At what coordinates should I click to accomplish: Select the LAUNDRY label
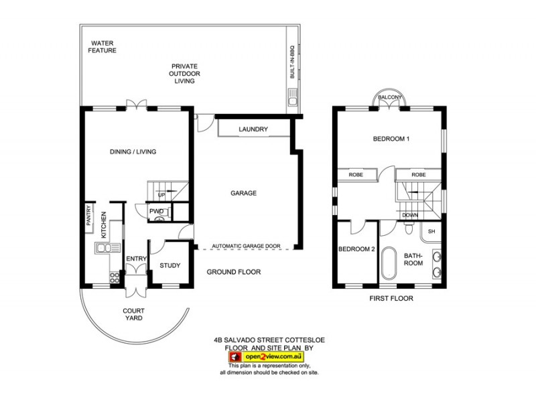[253, 129]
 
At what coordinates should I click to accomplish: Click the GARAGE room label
[243, 193]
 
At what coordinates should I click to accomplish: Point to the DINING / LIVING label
[133, 152]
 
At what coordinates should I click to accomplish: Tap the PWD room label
[157, 212]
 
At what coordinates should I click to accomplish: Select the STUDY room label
[170, 265]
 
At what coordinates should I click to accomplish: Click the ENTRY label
[136, 259]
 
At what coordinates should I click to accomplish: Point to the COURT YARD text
[134, 315]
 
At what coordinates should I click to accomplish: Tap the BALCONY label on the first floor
[390, 98]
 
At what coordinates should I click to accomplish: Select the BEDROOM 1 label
[391, 139]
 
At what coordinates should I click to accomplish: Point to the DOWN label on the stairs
[410, 215]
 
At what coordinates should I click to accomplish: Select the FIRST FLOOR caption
[392, 297]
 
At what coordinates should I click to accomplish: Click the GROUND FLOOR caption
[233, 272]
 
